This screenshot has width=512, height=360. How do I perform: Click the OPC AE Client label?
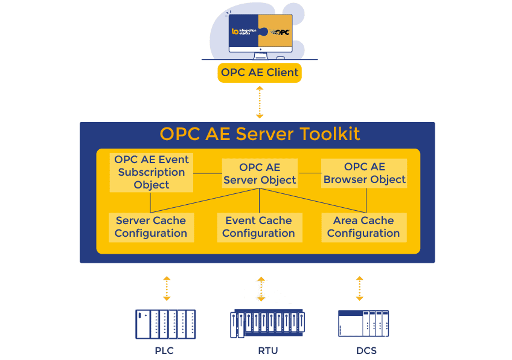(260, 72)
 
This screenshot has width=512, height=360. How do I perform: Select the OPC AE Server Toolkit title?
(260, 133)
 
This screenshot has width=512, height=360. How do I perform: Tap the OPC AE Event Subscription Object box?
(152, 172)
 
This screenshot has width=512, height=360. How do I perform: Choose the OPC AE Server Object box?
(260, 173)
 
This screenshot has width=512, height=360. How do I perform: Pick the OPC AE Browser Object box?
(364, 173)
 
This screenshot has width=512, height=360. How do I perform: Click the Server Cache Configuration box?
(151, 227)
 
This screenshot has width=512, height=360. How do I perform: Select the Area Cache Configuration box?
(363, 227)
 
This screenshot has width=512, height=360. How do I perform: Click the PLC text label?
(164, 350)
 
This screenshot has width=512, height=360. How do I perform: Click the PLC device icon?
(165, 324)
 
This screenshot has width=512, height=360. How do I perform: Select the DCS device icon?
(363, 323)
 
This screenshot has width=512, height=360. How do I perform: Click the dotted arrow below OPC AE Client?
(260, 102)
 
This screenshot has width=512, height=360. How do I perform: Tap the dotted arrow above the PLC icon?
(167, 288)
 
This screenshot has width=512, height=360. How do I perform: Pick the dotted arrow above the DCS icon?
(360, 288)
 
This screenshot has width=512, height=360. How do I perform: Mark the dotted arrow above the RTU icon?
(261, 289)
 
